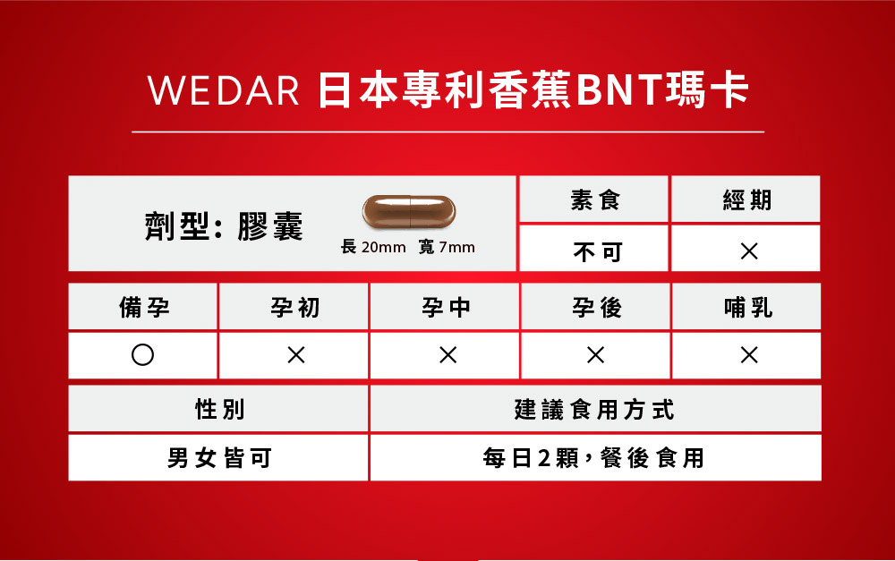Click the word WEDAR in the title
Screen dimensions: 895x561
coord(224,90)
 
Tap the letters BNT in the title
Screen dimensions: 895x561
coord(618,90)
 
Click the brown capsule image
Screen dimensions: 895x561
coord(409,212)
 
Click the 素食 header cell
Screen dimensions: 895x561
coord(593,200)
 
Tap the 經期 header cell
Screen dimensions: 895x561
coord(746,200)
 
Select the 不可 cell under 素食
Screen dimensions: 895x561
coord(593,248)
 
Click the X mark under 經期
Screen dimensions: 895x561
coord(749,251)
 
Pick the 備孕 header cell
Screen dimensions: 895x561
coord(142,307)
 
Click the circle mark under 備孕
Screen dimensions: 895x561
coord(142,355)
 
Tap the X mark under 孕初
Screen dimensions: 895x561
coord(296,355)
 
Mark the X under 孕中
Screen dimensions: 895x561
coord(448,355)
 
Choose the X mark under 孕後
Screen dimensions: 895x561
coord(595,355)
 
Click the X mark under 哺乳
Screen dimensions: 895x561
coord(749,355)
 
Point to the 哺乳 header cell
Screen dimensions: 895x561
coord(746,307)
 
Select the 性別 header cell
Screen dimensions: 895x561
coord(218,408)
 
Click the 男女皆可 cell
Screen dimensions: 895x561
coord(218,458)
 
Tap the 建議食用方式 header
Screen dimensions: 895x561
coord(596,408)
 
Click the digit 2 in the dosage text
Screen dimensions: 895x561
coord(544,458)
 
